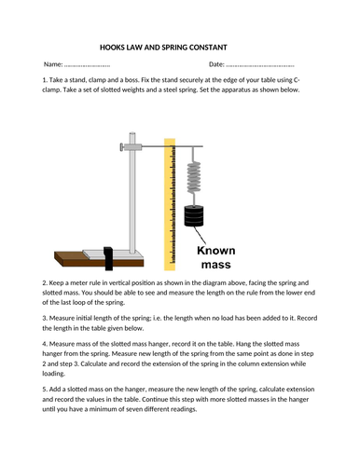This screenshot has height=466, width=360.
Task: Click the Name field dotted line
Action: click(x=87, y=65)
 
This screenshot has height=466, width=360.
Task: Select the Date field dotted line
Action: click(x=260, y=65)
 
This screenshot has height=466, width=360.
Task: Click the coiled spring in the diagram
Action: click(x=193, y=178)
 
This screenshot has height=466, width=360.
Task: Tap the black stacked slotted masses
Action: click(x=194, y=216)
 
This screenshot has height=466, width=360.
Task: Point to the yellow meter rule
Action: click(x=170, y=204)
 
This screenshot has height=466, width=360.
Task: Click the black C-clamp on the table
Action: click(x=108, y=258)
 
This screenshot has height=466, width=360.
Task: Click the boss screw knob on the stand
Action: click(x=121, y=147)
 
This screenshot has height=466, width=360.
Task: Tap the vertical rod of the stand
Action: click(x=132, y=193)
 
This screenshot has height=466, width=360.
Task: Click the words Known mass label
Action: click(x=216, y=257)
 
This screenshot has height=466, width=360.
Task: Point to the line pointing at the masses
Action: click(x=201, y=235)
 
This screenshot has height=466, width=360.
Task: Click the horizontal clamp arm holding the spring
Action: click(x=173, y=146)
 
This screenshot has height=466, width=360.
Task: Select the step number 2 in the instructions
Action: click(x=45, y=283)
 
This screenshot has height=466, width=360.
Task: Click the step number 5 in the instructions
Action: click(x=45, y=390)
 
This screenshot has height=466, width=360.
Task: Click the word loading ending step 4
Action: click(x=53, y=374)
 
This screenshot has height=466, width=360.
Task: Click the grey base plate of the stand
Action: click(x=114, y=254)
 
